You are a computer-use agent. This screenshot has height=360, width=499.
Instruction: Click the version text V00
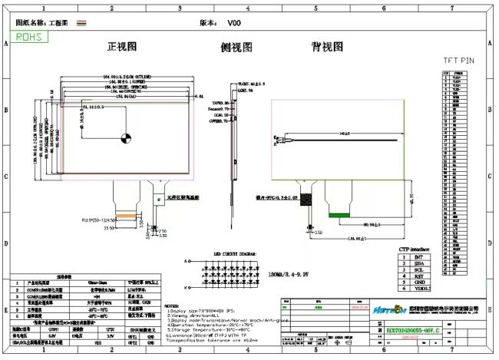coord(234,23)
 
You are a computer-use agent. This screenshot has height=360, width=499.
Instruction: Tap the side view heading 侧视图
coord(236,47)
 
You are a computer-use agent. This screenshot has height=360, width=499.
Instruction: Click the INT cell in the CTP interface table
coord(418,257)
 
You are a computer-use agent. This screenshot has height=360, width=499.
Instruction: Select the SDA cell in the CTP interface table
coord(418,264)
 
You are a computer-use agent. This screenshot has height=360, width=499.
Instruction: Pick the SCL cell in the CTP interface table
coord(418,271)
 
